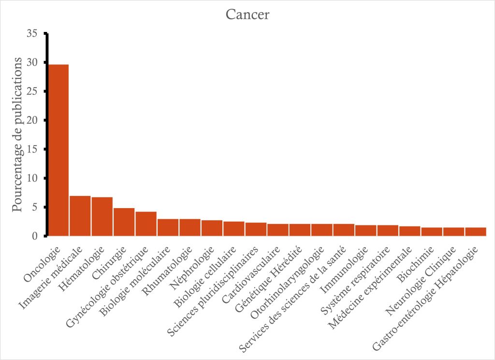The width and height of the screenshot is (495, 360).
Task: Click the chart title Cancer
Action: click(x=247, y=15)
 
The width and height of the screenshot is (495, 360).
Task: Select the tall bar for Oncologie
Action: click(x=58, y=150)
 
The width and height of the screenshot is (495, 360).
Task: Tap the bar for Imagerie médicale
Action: click(x=80, y=216)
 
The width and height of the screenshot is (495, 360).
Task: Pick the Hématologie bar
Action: click(x=102, y=216)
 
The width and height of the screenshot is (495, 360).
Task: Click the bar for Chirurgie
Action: click(x=124, y=222)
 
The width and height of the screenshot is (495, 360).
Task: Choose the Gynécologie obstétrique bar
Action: click(x=146, y=224)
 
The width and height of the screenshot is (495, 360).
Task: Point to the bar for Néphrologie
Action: click(x=212, y=228)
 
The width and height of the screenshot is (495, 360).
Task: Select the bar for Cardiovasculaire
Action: click(x=278, y=230)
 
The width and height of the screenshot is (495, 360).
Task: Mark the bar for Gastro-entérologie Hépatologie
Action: click(x=476, y=231)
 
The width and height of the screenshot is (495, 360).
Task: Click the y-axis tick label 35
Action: click(x=32, y=33)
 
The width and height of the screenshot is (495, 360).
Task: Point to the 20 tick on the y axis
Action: click(x=32, y=120)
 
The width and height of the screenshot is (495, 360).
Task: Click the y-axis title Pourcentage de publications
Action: click(x=17, y=135)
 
